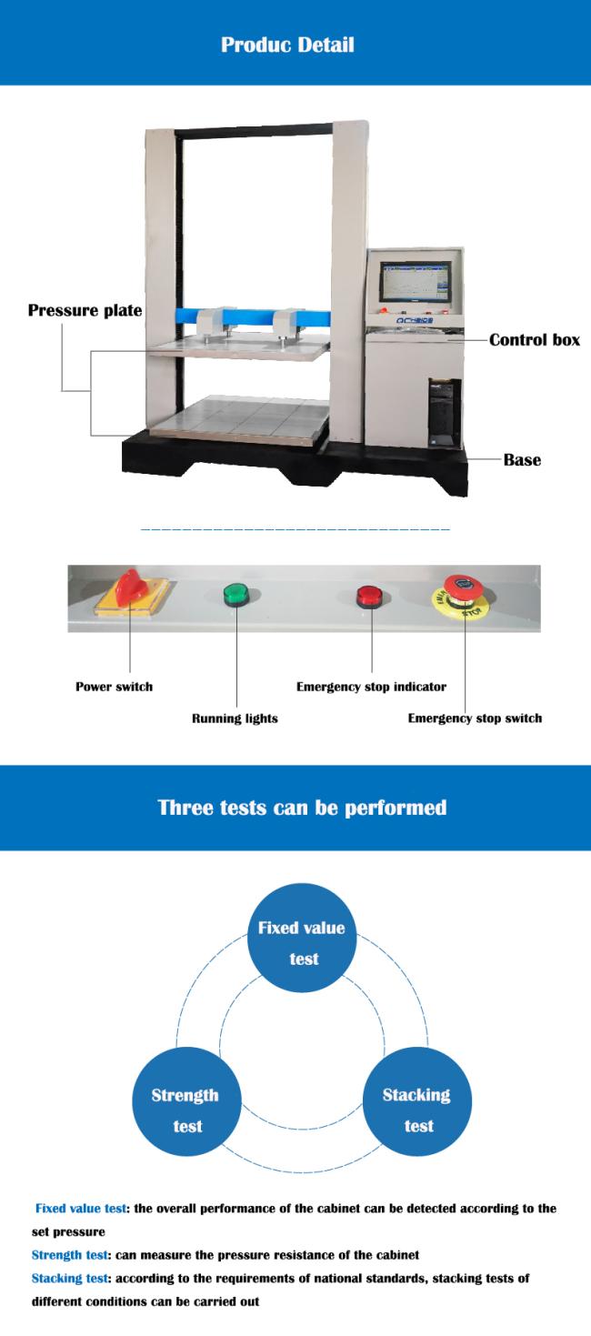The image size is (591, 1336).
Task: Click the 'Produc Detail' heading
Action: [287, 44]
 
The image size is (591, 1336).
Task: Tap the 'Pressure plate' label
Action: [85, 311]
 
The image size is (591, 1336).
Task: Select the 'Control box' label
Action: [534, 340]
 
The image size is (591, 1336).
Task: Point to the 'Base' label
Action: [522, 459]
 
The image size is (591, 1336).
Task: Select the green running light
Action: [237, 596]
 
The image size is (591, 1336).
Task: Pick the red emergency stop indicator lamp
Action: [370, 597]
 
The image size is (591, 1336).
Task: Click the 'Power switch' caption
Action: [114, 687]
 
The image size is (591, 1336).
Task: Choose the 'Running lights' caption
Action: [235, 718]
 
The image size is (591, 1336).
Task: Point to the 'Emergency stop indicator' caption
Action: [371, 687]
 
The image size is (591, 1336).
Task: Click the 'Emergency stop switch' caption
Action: [475, 718]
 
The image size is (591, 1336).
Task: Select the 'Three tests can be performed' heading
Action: [302, 807]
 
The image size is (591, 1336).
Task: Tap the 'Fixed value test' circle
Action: [301, 943]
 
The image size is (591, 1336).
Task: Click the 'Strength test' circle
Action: [187, 1110]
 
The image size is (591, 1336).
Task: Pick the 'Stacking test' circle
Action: [417, 1110]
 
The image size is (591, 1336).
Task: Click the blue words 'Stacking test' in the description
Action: [68, 1278]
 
